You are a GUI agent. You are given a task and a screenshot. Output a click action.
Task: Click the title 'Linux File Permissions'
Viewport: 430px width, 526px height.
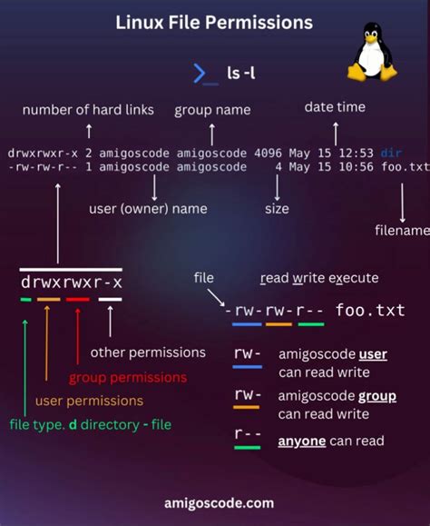[214, 21]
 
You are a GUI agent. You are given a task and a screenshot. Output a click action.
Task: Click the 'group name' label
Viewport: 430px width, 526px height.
[212, 110]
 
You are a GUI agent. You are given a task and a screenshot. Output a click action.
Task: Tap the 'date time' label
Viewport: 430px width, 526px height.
[335, 107]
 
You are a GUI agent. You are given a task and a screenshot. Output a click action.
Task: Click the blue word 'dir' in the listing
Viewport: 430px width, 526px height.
[392, 153]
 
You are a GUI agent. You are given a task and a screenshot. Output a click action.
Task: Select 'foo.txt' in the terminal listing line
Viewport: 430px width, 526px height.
[405, 167]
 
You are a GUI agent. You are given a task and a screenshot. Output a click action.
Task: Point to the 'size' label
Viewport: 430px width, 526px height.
[277, 209]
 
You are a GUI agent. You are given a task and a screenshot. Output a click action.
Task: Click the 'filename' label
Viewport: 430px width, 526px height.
[401, 231]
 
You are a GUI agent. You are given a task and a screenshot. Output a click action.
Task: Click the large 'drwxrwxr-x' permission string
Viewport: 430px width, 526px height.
[71, 282]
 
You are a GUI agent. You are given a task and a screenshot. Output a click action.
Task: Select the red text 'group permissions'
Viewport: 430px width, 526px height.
[128, 377]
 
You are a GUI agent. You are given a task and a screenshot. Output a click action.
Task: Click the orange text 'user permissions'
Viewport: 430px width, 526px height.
[89, 401]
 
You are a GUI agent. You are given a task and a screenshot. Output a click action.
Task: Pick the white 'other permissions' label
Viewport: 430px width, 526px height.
[148, 352]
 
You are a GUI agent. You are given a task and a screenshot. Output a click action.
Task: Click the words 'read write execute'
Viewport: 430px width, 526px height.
[319, 278]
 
